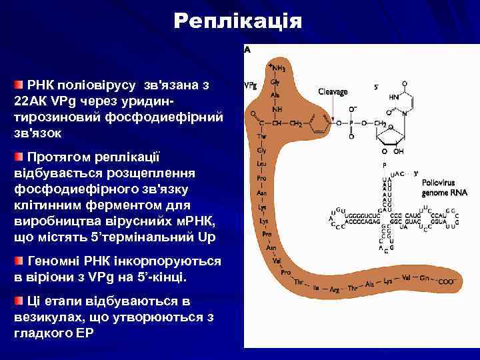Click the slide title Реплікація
point(237,21)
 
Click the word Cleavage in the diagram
point(332,91)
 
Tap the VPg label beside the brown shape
point(251,86)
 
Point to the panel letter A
point(247,49)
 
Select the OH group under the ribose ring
point(399,151)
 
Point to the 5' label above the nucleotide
point(377,87)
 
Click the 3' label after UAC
point(415,173)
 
